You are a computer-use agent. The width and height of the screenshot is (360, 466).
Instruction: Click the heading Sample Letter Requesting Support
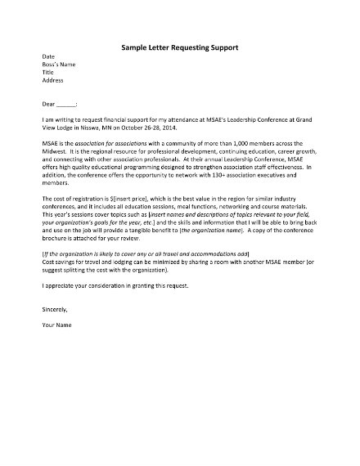pos(179,47)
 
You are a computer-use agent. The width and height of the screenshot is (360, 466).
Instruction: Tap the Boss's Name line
pos(58,65)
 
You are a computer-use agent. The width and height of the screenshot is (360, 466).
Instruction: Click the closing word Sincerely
pos(55,310)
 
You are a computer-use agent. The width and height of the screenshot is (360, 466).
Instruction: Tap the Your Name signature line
pos(56,325)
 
